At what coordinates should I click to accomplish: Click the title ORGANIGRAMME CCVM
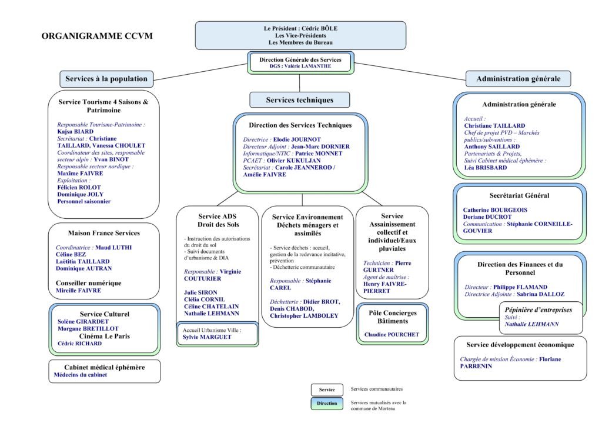click(x=97, y=36)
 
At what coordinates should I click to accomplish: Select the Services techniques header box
click(x=299, y=100)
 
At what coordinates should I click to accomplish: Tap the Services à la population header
click(x=106, y=79)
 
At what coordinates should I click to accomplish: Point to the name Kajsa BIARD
click(x=75, y=131)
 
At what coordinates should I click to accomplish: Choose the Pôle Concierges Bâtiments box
click(x=392, y=324)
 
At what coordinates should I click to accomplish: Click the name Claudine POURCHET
click(x=392, y=335)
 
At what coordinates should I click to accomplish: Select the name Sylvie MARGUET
click(x=207, y=337)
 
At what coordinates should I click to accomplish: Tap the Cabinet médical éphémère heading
click(x=105, y=367)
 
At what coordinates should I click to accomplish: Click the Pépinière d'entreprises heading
click(x=539, y=309)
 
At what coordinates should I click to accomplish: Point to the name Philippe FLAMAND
click(x=520, y=287)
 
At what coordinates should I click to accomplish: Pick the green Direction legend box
click(x=327, y=403)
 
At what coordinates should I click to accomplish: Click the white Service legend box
click(x=327, y=390)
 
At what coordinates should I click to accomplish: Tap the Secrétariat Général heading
click(x=519, y=195)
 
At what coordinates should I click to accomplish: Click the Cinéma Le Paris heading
click(x=105, y=336)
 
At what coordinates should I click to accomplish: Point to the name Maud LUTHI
click(x=113, y=247)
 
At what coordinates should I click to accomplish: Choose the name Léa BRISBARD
click(x=485, y=168)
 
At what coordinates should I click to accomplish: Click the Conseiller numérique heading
click(x=88, y=283)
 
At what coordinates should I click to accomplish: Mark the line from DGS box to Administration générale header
click(x=410, y=72)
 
